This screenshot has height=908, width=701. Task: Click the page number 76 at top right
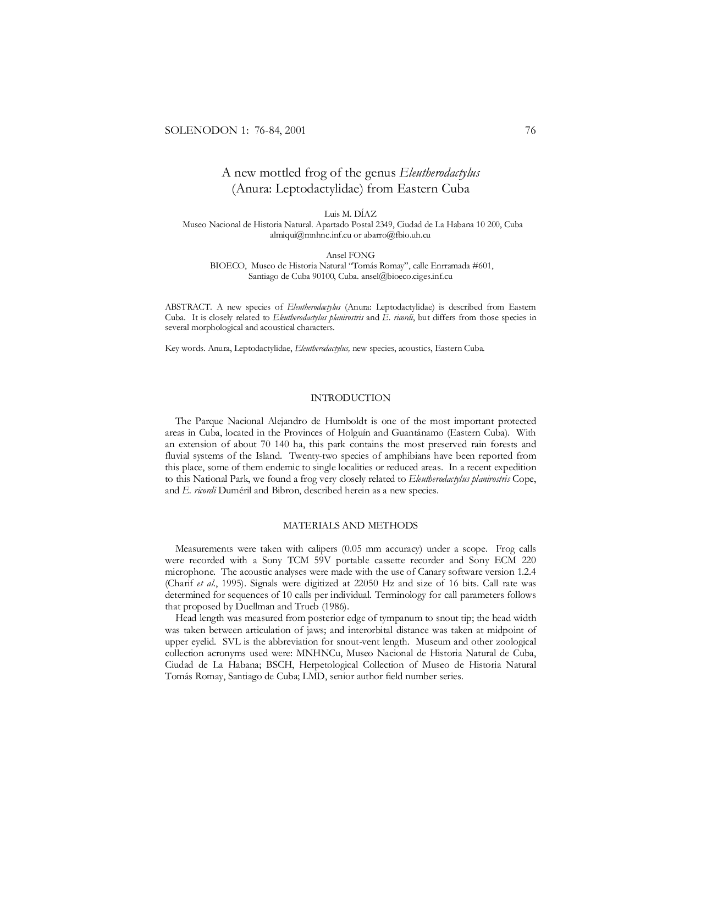(x=530, y=130)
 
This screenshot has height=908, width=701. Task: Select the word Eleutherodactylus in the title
(x=439, y=173)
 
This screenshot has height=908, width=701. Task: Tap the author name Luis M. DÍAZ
(x=350, y=214)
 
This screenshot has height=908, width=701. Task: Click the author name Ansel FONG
(x=350, y=255)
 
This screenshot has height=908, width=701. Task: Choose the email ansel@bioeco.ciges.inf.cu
(x=406, y=276)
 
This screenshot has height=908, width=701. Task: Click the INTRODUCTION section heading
(x=350, y=398)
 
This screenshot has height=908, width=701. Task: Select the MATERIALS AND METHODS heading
(x=350, y=525)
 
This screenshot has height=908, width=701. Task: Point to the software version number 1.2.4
(x=526, y=571)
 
